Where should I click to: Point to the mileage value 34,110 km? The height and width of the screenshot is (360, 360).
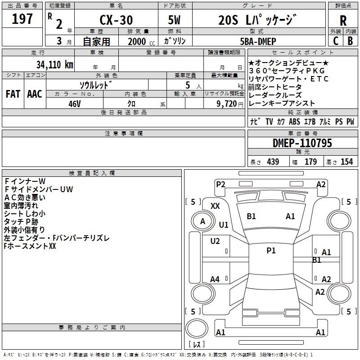[x=54, y=64]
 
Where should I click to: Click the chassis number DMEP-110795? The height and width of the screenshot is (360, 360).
[x=302, y=144]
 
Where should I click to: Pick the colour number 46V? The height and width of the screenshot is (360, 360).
[x=75, y=103]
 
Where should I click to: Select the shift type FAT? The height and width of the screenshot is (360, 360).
[x=13, y=94]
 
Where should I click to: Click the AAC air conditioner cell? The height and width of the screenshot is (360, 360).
[x=35, y=94]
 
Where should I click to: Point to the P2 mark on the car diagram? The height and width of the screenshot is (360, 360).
[x=220, y=184]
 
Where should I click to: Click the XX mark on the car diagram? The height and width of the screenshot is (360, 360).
[x=216, y=206]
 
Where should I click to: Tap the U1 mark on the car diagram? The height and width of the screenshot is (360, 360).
[x=224, y=225]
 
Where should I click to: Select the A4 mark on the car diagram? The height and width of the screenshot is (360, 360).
[x=215, y=279]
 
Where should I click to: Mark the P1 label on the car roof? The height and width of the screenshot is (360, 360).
[x=271, y=251]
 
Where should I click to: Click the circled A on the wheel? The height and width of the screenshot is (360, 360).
[x=202, y=221]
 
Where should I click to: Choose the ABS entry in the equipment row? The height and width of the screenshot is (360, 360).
[x=294, y=121]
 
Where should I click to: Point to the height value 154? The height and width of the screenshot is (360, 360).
[x=346, y=162]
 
